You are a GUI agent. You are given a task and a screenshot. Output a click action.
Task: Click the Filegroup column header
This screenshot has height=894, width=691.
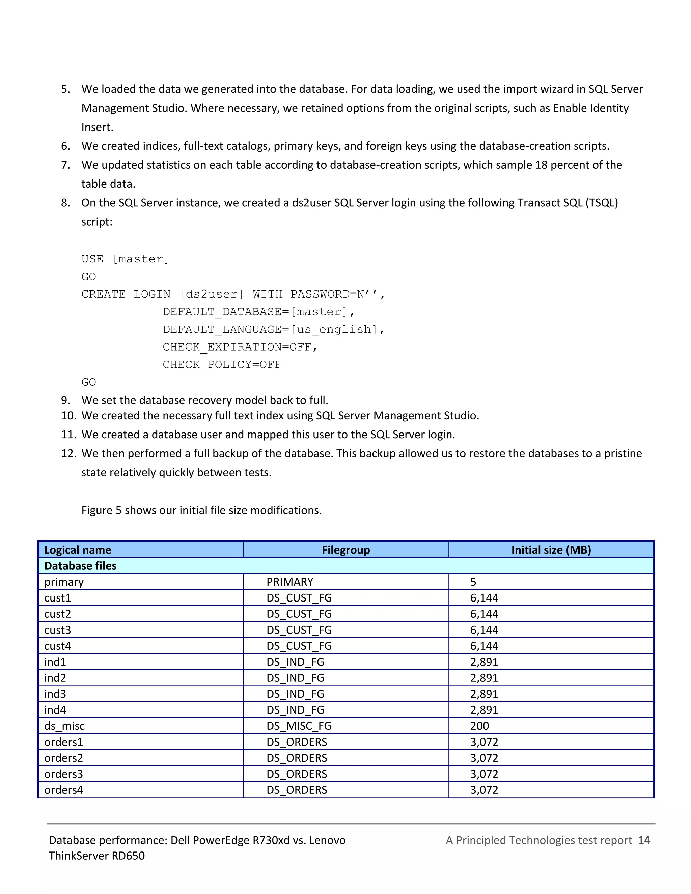coord(345,550)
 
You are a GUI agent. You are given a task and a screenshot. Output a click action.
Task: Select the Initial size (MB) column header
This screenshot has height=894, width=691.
coord(551,550)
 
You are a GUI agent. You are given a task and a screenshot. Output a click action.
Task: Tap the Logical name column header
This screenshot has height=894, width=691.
coord(78,550)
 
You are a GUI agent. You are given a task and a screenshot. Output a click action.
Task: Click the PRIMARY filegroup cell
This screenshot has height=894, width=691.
coord(290,582)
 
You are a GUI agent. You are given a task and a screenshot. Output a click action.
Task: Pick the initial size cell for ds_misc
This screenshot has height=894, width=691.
coord(479,726)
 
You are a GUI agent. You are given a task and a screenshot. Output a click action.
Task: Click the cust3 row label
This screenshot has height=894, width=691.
coord(58,630)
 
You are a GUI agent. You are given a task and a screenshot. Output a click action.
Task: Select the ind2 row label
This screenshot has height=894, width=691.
coord(55,678)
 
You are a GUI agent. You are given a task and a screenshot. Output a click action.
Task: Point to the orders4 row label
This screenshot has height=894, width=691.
coord(63,790)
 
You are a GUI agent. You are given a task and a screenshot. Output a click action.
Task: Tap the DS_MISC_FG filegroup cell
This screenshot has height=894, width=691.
coord(299,726)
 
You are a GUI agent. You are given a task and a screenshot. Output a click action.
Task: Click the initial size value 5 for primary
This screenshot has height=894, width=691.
coord(473,582)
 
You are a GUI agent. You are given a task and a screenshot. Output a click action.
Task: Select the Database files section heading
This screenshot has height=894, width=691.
coord(80,566)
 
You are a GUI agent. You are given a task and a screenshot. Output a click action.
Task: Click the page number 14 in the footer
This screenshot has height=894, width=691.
coord(644,840)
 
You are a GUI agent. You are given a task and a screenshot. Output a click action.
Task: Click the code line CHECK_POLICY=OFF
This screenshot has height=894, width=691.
coord(222,364)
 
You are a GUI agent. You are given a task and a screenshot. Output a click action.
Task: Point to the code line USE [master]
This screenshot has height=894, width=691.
coord(125,259)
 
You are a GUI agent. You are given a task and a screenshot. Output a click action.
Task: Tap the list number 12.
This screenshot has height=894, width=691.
coord(68,453)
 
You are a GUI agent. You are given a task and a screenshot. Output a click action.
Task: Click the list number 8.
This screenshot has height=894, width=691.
coord(65,203)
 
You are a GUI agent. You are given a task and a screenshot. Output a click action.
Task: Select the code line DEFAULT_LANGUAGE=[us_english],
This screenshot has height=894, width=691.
coord(273,329)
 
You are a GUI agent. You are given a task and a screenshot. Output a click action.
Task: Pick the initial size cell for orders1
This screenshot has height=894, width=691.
coord(484,742)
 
